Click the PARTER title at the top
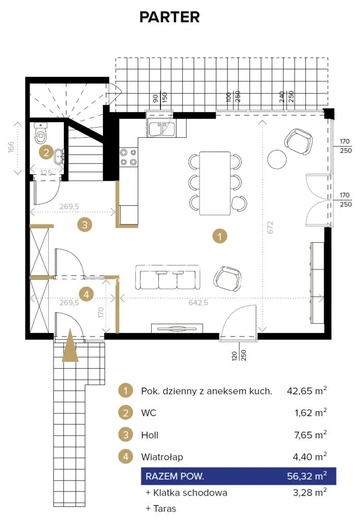click(x=170, y=17)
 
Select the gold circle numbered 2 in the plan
click(x=46, y=152)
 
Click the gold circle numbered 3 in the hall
click(x=85, y=224)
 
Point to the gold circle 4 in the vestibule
click(x=86, y=294)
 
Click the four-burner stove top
click(x=129, y=157)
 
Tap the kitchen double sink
click(x=162, y=129)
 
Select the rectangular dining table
click(x=215, y=183)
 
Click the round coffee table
click(x=277, y=159)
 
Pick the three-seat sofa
click(x=168, y=277)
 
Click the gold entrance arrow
click(x=70, y=345)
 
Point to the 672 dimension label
click(x=270, y=227)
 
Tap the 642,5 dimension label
click(x=198, y=303)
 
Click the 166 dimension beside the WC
click(x=11, y=147)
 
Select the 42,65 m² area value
click(x=306, y=391)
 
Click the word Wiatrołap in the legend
click(x=162, y=457)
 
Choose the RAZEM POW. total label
click(x=175, y=476)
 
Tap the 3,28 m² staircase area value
click(x=310, y=493)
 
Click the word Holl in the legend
click(x=150, y=435)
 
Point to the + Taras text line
click(x=161, y=509)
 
